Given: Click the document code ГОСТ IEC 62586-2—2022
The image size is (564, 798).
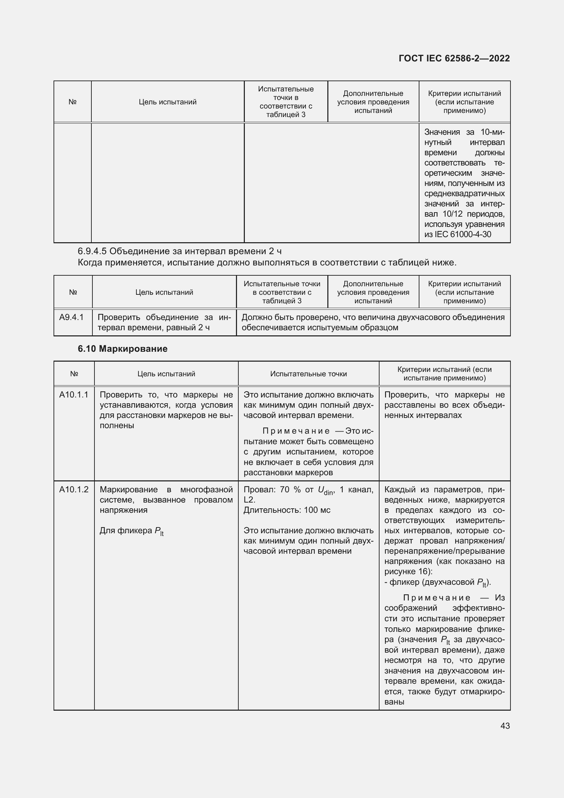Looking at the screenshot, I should [454, 58].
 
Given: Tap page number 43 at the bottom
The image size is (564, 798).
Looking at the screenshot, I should [505, 726].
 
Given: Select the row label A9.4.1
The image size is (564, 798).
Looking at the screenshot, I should [71, 317].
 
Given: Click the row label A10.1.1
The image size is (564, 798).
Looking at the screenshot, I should [74, 394].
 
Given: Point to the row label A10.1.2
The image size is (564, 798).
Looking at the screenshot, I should [74, 489].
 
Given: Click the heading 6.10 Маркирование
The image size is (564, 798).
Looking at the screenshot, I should [122, 349].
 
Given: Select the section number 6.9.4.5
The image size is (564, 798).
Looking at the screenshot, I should [92, 251].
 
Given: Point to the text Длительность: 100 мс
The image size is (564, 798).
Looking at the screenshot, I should [287, 510].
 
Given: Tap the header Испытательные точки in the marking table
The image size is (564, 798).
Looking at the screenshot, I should [308, 374].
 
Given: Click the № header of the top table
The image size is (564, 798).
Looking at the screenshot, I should [72, 102].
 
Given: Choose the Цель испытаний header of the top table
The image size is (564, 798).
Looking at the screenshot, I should [167, 102].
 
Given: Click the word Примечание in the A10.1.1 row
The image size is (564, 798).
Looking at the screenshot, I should [296, 431].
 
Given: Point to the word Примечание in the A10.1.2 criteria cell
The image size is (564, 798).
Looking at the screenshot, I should [436, 598].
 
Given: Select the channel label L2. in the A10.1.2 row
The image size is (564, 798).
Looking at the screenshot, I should [249, 500].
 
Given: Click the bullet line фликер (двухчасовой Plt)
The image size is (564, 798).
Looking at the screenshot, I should [437, 582].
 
